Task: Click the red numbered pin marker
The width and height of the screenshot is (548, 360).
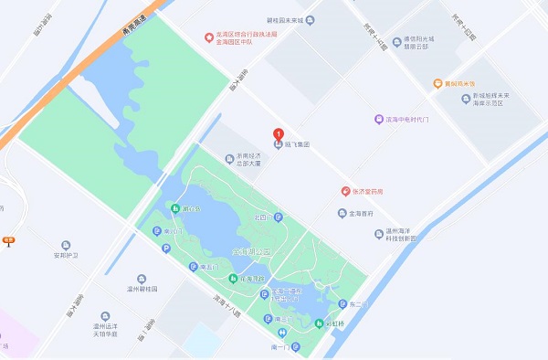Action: pos(278,136)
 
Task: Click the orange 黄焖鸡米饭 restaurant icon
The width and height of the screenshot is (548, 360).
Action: pos(438,83)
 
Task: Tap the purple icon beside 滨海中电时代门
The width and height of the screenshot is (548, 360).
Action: pos(379,119)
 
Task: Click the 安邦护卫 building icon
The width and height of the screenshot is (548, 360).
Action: pos(66,245)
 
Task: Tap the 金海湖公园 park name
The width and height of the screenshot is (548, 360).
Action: pos(253,249)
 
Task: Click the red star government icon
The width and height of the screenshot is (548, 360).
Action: pos(208,37)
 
